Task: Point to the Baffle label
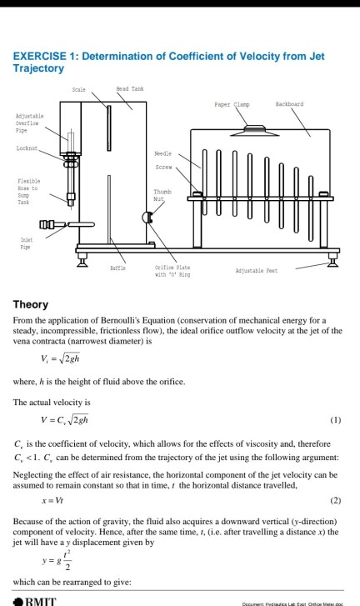click(x=120, y=268)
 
